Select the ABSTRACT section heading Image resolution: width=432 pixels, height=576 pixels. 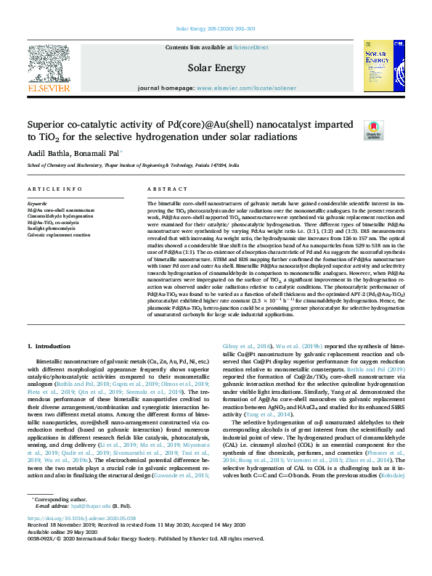[x=163, y=189]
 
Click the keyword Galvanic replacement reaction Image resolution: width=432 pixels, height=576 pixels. [x=59, y=235]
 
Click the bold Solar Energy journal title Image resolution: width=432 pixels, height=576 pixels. [x=216, y=67]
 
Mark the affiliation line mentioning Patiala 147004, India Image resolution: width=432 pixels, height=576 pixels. [x=133, y=165]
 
